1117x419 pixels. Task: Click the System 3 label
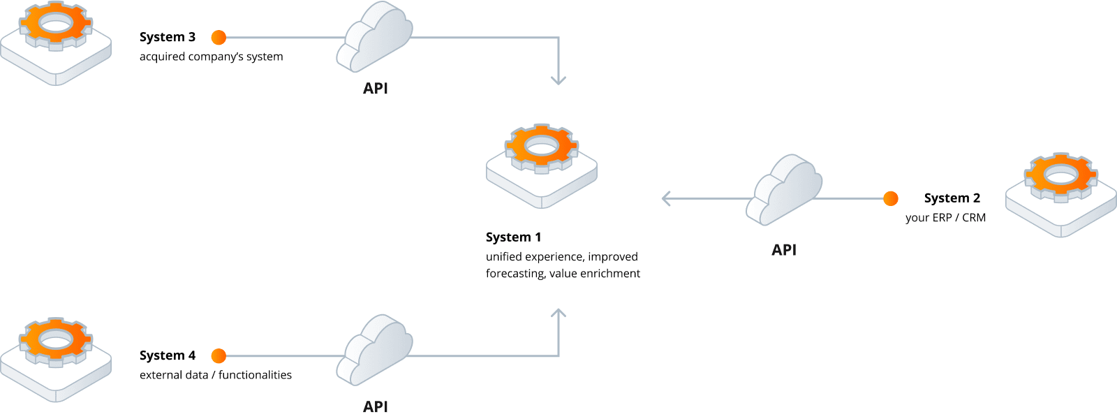(168, 37)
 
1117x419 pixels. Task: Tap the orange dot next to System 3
(219, 38)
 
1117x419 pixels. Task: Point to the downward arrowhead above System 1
(558, 80)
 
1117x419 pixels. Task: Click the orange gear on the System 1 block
(542, 147)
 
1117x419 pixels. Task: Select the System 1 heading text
(513, 237)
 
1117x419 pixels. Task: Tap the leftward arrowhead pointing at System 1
(667, 199)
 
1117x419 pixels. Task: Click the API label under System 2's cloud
(784, 250)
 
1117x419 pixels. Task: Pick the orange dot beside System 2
(891, 199)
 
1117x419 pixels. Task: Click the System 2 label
(952, 198)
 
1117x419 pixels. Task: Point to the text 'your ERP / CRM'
(945, 218)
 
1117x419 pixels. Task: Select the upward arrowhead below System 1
(558, 314)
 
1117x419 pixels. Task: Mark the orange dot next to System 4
(219, 356)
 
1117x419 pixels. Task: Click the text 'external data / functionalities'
(216, 375)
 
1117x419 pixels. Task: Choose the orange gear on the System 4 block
(55, 340)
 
